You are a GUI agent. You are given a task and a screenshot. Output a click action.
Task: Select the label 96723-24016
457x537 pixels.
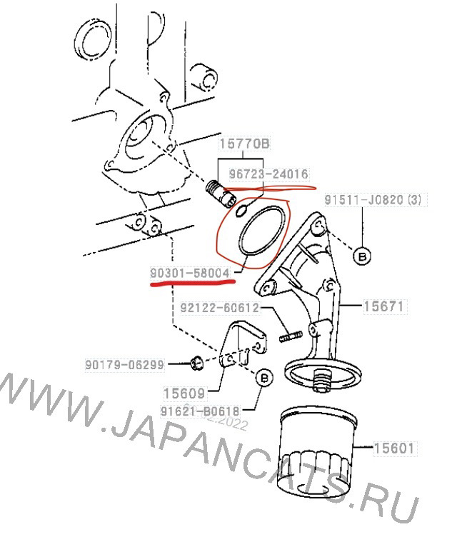tap(268, 174)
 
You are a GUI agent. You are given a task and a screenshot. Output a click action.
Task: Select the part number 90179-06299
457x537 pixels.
tap(126, 364)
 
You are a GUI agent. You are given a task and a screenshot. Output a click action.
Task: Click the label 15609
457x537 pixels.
tap(184, 393)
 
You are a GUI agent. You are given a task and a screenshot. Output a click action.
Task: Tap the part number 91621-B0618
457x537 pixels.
tap(200, 411)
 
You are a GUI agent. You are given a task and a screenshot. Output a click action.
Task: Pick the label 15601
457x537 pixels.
tap(393, 448)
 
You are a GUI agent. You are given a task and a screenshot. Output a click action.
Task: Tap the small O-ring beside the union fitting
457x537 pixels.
tap(242, 209)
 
